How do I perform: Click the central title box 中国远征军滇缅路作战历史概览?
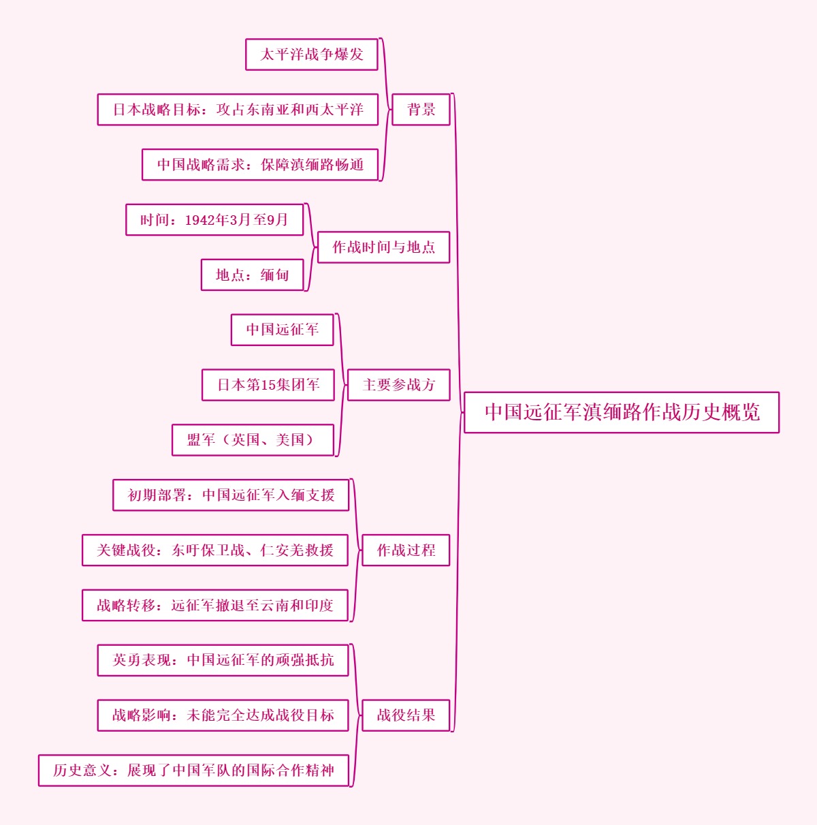[621, 412]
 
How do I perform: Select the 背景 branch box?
[421, 110]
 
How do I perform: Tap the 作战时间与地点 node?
[383, 247]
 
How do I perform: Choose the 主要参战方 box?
[398, 385]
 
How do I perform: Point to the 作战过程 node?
[406, 550]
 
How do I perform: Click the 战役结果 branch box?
[406, 715]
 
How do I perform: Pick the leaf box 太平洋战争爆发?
[311, 55]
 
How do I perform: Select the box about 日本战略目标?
[238, 110]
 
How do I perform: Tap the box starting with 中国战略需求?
[259, 165]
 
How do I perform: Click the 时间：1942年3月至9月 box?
[214, 219]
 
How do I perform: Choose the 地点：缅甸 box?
[252, 275]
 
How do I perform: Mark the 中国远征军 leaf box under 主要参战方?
[282, 330]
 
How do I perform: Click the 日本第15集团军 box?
[268, 385]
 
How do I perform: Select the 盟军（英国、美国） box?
[253, 439]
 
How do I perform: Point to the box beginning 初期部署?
[231, 495]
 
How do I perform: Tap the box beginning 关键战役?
[215, 550]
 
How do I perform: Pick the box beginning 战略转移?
[215, 605]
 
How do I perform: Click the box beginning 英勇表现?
[223, 659]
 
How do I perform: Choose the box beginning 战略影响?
[223, 715]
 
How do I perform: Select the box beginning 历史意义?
[193, 770]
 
